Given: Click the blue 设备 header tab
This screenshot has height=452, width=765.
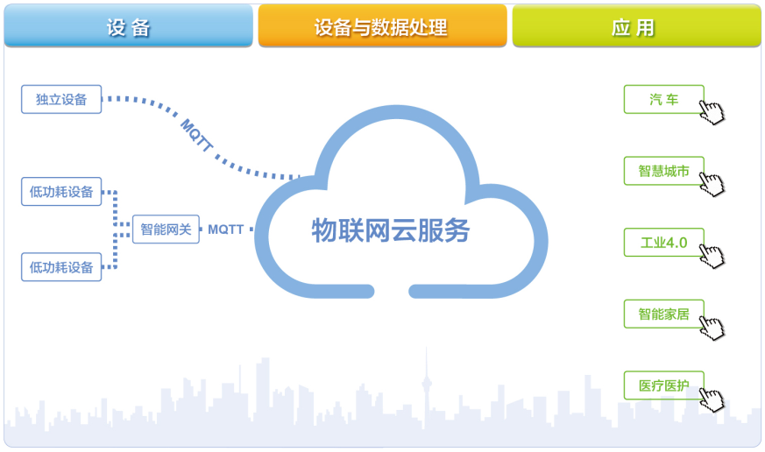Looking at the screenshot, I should tap(128, 26).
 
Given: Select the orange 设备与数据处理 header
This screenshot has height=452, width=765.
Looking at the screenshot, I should tap(381, 26).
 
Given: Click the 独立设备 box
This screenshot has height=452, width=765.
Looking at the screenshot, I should tap(61, 99).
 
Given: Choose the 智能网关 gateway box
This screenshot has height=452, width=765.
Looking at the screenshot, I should tap(166, 230).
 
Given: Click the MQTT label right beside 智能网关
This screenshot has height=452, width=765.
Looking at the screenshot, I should tap(226, 230).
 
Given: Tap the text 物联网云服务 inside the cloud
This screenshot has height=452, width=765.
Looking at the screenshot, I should tap(391, 230).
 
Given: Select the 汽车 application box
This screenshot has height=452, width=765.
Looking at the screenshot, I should tap(663, 99).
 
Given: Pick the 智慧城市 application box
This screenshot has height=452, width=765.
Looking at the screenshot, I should tap(663, 171).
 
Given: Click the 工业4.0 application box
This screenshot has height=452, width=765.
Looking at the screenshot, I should tap(663, 242).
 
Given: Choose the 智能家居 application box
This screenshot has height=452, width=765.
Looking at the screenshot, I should tap(663, 314).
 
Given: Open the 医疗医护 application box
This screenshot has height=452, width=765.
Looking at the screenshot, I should tap(663, 385).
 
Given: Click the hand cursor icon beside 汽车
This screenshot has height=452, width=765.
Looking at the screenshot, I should tap(712, 111).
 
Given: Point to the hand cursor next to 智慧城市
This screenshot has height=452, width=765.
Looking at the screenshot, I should tap(712, 182).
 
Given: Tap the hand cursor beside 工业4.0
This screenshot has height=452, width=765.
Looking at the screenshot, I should tap(712, 254).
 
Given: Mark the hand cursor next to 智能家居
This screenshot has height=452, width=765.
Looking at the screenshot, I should tap(713, 327).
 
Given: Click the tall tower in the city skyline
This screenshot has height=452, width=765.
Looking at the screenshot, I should tap(427, 385).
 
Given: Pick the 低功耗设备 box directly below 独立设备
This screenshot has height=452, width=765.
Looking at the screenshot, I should tap(61, 191).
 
